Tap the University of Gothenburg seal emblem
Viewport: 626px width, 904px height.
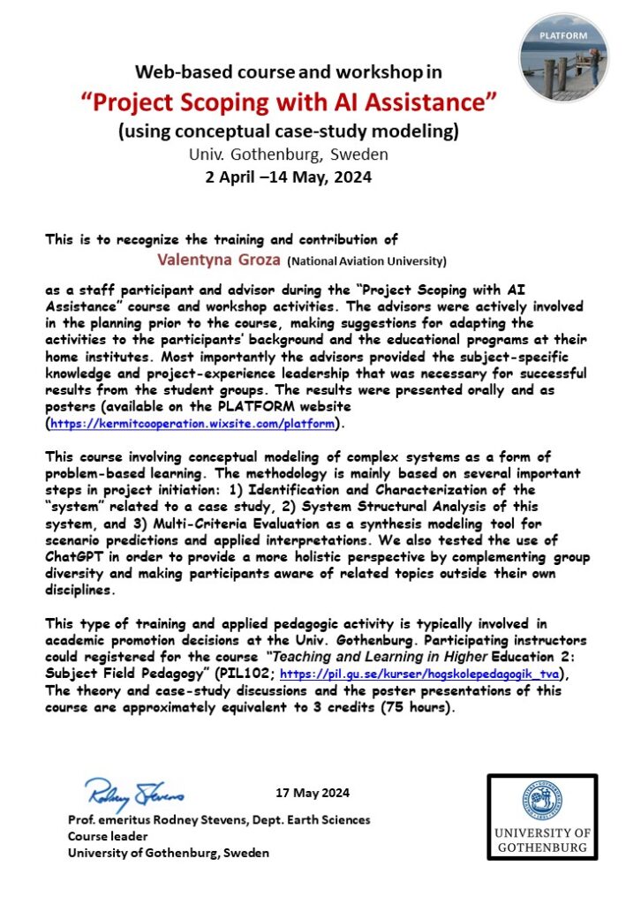click(x=542, y=802)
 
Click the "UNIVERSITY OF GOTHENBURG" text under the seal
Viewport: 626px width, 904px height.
click(x=542, y=840)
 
